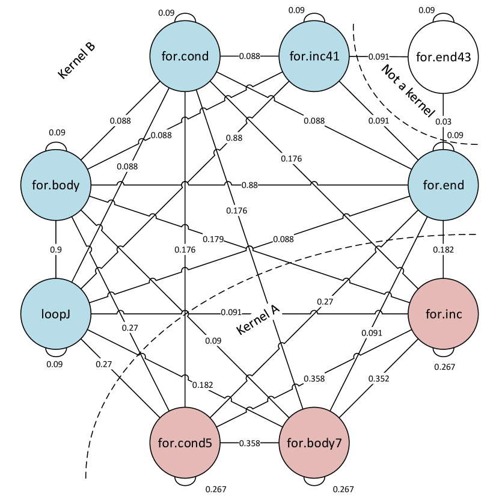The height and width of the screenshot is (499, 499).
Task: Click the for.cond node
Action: (185, 57)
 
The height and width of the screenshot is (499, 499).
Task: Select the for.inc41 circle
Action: (314, 57)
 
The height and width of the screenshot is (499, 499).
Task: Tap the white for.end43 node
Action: (443, 57)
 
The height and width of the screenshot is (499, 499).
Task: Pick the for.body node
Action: (56, 185)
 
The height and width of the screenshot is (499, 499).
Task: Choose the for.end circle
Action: (443, 185)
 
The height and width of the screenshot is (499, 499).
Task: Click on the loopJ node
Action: (56, 313)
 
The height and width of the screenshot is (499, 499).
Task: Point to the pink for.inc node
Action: (443, 313)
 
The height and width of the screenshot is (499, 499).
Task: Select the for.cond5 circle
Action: (185, 443)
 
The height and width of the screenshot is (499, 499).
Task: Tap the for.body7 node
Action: (314, 443)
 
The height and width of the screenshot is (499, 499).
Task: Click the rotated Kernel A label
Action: (259, 320)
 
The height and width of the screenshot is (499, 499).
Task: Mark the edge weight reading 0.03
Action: (443, 122)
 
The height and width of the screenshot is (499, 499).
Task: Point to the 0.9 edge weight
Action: (56, 249)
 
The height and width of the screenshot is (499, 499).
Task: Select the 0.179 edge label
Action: (213, 239)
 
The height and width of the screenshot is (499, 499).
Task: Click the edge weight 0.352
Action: (379, 379)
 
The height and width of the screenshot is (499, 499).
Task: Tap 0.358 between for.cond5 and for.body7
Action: (249, 443)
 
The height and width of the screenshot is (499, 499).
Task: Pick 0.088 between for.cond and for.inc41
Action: (249, 57)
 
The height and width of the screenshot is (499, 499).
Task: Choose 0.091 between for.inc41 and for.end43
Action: (379, 57)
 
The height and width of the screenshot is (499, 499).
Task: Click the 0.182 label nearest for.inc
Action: (443, 249)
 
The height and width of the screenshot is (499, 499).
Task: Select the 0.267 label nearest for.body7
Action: (343, 489)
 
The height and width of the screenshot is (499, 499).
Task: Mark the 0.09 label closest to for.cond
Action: (167, 12)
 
